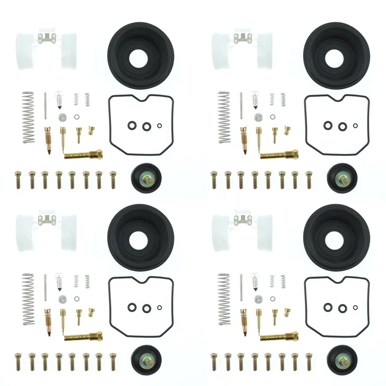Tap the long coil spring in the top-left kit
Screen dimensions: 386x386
pyautogui.click(x=29, y=117)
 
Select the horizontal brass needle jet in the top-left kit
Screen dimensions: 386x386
pyautogui.click(x=83, y=155)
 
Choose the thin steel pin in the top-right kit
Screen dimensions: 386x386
pyautogui.click(x=241, y=105)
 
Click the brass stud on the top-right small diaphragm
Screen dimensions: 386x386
pyautogui.click(x=343, y=179)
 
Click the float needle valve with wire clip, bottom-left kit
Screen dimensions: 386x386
pyautogui.click(x=59, y=282)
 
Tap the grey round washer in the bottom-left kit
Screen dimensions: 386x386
pyautogui.click(x=62, y=299)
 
